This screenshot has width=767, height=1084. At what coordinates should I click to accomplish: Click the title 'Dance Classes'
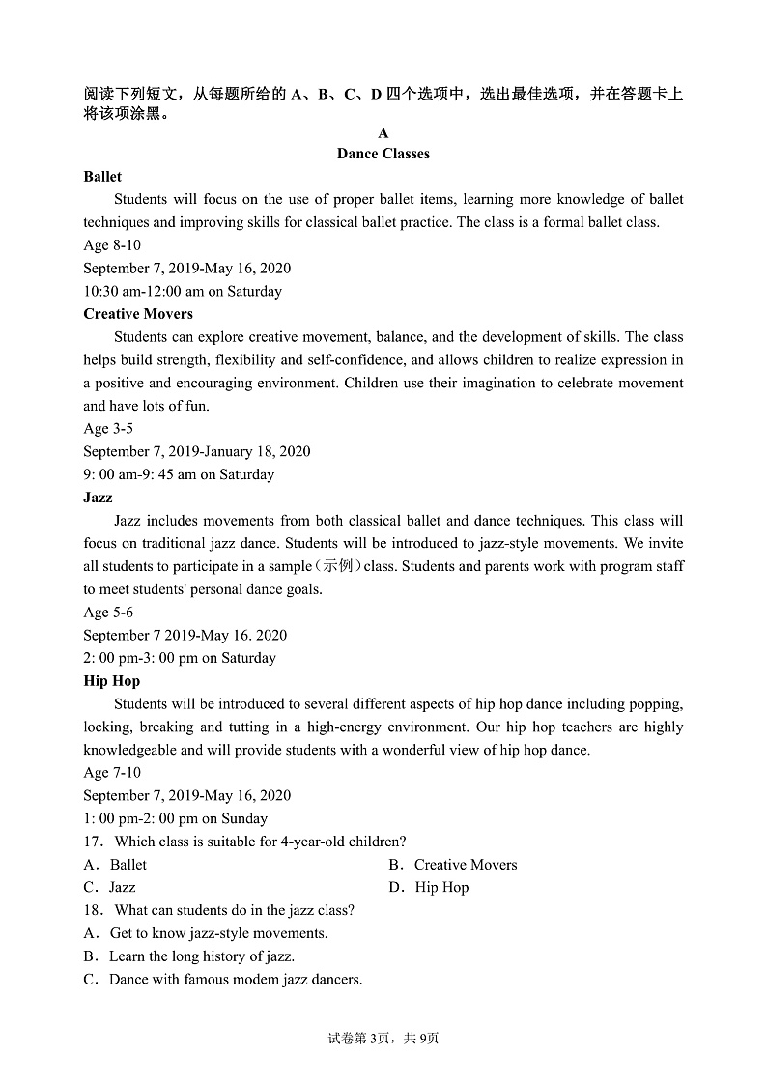point(383,154)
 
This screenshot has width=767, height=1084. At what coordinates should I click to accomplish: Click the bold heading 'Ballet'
point(102,177)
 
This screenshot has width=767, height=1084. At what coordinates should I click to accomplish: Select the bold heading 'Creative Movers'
point(138,314)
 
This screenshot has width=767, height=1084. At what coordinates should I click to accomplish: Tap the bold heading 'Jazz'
point(98,498)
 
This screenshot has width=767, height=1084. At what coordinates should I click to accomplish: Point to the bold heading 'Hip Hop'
point(111,681)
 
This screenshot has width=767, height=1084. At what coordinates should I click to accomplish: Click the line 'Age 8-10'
point(111,245)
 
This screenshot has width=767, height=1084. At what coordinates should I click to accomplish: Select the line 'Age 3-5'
point(108,429)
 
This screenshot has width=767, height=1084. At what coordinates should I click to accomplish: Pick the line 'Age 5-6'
point(108,613)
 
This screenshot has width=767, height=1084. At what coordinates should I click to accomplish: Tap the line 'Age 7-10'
point(111,773)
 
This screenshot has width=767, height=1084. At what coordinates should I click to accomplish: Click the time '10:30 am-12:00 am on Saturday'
point(183,292)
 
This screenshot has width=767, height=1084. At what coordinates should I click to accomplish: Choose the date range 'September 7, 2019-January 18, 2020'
point(197,452)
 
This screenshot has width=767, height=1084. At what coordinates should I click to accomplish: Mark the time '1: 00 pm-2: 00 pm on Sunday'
point(175,818)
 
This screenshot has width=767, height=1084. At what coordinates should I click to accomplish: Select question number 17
point(93,842)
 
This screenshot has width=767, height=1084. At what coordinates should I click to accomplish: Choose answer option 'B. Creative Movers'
point(453,865)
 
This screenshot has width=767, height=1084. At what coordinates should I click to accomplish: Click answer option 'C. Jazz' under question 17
point(109,887)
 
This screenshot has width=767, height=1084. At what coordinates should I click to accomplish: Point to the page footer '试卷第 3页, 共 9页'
point(383,1039)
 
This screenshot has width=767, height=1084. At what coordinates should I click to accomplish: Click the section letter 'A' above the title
point(383,133)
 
